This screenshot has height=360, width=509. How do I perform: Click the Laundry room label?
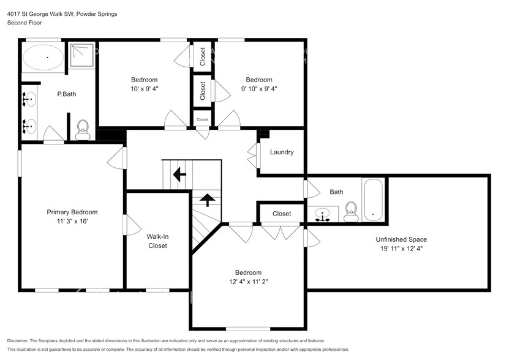coord(282,152)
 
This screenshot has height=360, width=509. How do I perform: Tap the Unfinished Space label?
coord(401,239)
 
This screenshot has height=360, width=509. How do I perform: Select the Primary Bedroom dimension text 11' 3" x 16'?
coord(72,222)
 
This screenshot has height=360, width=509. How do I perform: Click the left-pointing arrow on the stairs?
coord(180,175)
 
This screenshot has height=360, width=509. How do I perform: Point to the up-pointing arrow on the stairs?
coord(207,200)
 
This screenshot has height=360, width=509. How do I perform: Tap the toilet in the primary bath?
coord(83,129)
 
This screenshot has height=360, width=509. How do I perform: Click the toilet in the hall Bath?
coord(351,211)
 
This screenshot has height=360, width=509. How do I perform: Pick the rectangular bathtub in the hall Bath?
coord(372,200)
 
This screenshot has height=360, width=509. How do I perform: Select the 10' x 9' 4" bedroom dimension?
coord(144,89)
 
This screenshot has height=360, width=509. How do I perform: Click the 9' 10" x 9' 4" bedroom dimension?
coord(258,89)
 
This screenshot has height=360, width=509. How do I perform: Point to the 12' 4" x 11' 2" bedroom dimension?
coord(248,282)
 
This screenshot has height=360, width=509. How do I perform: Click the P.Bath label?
coord(66,94)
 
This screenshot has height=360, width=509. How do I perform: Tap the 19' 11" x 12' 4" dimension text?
coord(401,248)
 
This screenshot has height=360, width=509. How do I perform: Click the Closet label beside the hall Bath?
coord(281,214)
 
